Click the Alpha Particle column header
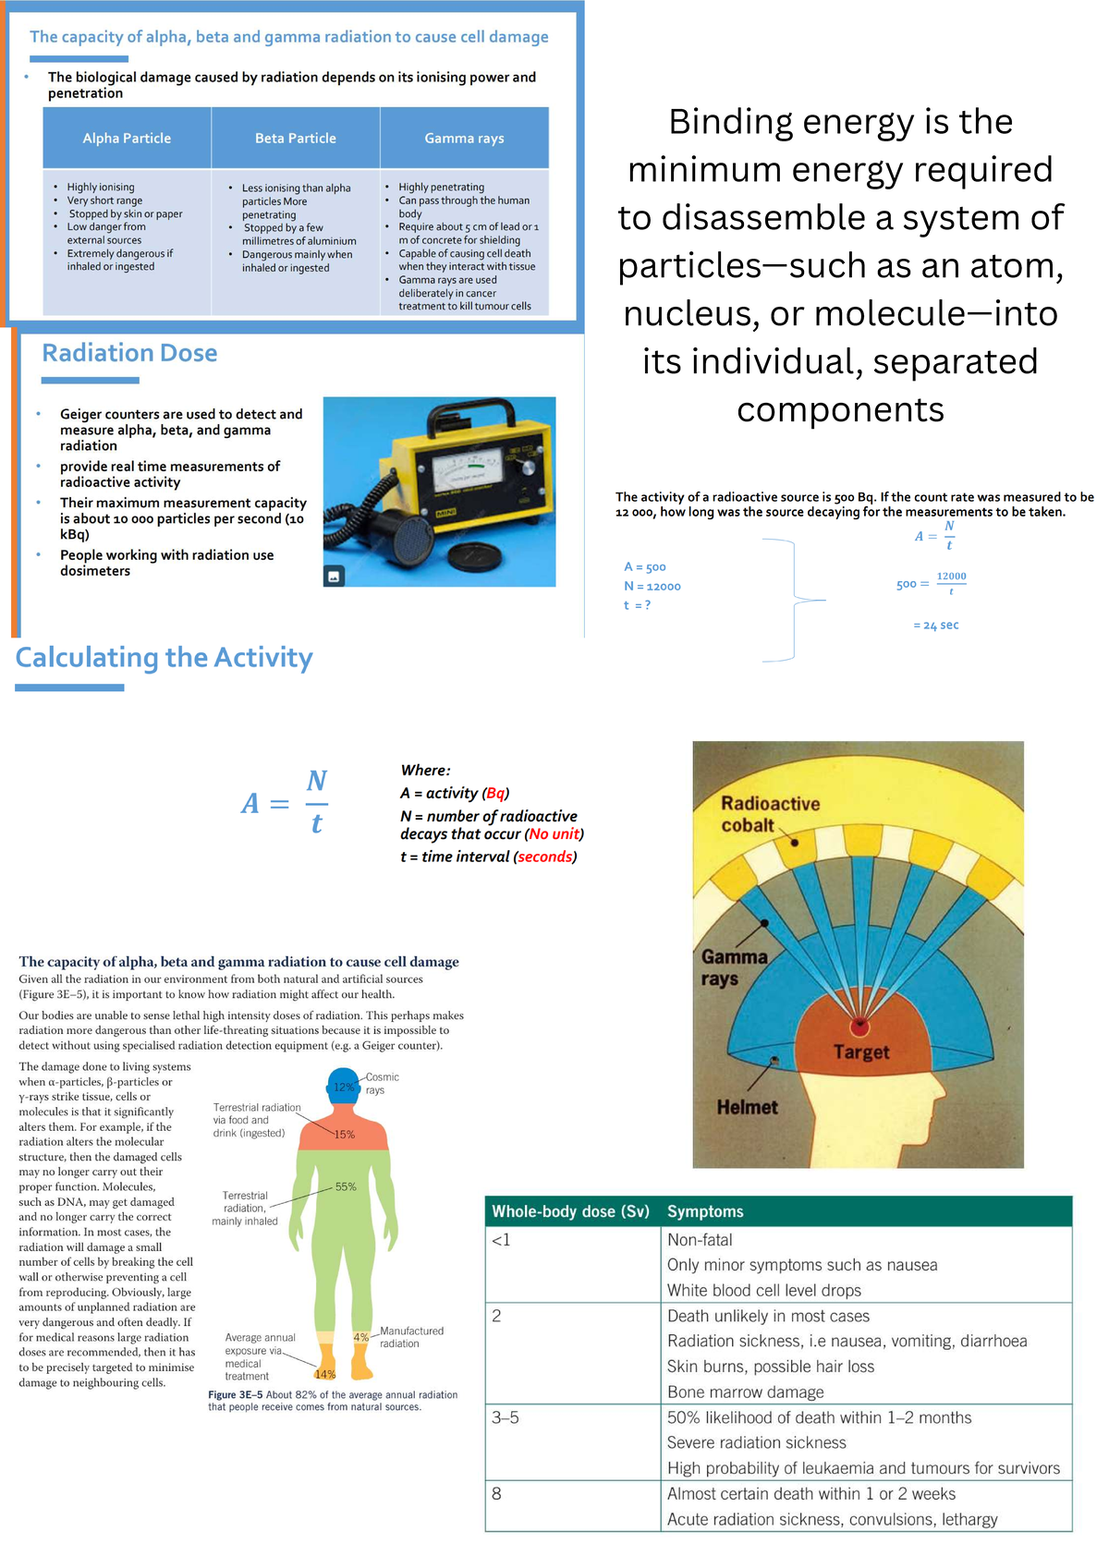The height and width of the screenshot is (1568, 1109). coord(127,138)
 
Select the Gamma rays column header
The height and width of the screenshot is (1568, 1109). coord(464,138)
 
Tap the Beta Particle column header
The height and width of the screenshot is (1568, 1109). coord(296,138)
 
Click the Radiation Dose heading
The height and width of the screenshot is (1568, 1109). coord(129,353)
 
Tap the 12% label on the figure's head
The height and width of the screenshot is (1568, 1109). coord(344,1088)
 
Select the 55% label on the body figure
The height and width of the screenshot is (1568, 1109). coord(346,1186)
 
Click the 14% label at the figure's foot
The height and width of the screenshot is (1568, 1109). coord(325,1374)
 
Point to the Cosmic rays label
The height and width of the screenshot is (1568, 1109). coord(382,1083)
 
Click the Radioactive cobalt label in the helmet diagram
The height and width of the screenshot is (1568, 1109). coord(770,814)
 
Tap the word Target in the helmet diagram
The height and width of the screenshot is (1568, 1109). coord(861,1051)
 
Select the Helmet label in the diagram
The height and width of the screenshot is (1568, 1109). coord(747,1107)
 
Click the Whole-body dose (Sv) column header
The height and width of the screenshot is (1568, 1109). coord(570,1211)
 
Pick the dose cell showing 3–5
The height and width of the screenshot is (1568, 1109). coord(506,1417)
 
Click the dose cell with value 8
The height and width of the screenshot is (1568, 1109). coord(497,1493)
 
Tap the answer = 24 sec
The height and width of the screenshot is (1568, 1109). coord(936,626)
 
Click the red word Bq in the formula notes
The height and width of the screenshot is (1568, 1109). coord(495,793)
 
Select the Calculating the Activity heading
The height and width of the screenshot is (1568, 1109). coord(165,658)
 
